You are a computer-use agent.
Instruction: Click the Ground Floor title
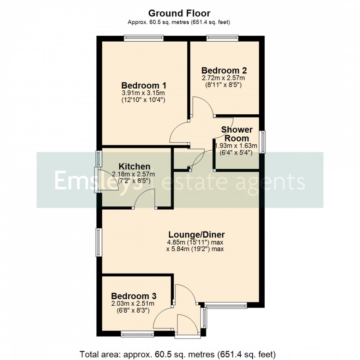(179, 13)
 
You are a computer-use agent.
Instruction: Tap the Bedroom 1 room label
(144, 86)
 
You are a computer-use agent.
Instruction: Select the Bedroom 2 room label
(224, 70)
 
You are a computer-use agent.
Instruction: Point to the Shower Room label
(237, 134)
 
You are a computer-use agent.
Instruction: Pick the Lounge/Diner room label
(196, 235)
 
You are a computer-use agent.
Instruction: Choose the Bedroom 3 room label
(134, 296)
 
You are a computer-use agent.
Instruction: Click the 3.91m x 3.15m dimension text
(144, 93)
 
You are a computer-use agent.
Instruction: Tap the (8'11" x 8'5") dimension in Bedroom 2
(223, 85)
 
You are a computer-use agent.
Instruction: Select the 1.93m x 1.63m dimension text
(236, 145)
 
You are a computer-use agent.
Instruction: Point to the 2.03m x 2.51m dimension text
(133, 304)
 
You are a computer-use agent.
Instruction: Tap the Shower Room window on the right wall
(262, 142)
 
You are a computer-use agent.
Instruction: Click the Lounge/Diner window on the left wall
(98, 242)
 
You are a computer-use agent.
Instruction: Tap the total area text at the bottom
(178, 353)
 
